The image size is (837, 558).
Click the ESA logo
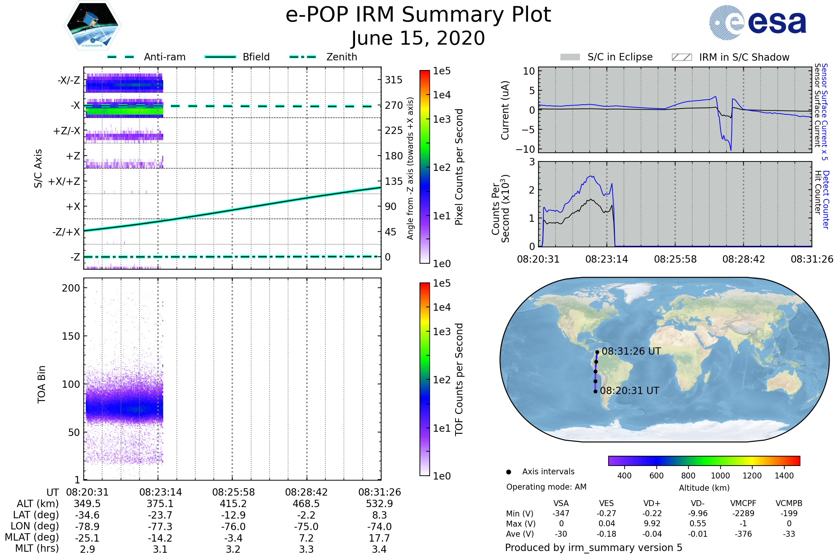pos(758,22)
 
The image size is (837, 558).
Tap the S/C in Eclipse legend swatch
pos(570,57)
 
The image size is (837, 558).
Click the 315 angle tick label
pos(393,80)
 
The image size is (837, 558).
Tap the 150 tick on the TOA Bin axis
pos(71,336)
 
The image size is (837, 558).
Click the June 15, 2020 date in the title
pos(418,38)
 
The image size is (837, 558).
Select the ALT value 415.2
pos(233,504)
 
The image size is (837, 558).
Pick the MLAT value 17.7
pos(379,538)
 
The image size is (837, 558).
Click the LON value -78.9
pos(87,526)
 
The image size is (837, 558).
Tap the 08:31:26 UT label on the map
pos(631,351)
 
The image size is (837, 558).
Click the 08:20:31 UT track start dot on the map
pos(595,391)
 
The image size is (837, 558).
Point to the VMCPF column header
pos(743,503)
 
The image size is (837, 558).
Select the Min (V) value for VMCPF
pos(743,513)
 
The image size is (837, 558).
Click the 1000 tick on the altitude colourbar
pos(720,476)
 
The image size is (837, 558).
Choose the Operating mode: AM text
pos(546,487)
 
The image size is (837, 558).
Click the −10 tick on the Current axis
pos(526,149)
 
